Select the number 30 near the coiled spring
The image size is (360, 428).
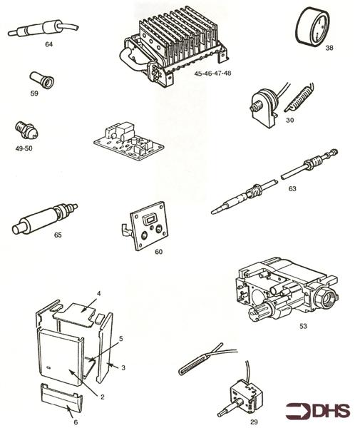coord(289,121)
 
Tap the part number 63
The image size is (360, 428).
coord(292,189)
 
